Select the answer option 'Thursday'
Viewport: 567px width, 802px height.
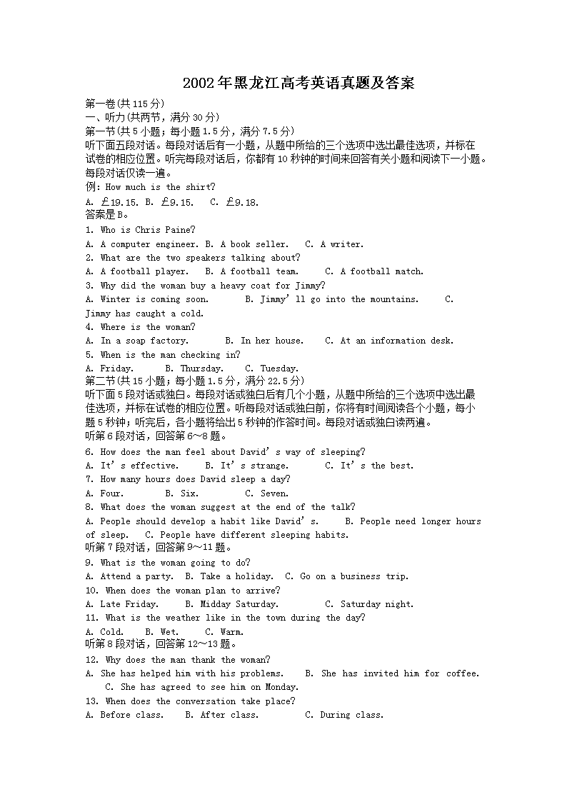[201, 369]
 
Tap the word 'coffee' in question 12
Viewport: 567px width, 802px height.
[463, 673]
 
